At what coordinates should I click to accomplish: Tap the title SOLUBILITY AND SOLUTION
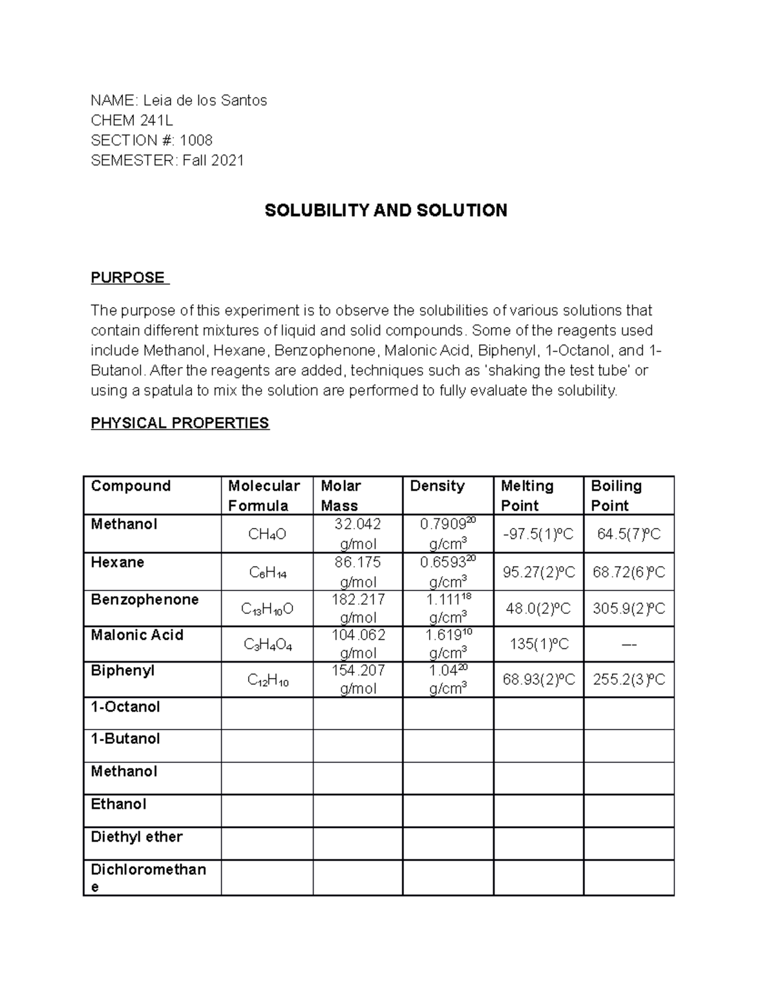(386, 211)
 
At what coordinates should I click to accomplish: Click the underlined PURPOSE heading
(128, 278)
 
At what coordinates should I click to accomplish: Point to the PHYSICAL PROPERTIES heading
(180, 423)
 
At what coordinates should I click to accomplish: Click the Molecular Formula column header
(264, 495)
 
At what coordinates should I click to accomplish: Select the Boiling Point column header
(616, 495)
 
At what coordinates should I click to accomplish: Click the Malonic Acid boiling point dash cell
(629, 644)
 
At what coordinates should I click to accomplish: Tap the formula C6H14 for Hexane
(267, 572)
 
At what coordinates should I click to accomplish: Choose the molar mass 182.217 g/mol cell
(358, 608)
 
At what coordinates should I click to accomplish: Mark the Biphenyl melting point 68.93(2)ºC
(539, 679)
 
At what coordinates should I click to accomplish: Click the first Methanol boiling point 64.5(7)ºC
(629, 534)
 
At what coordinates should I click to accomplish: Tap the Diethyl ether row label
(137, 836)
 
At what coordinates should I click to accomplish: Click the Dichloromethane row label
(148, 877)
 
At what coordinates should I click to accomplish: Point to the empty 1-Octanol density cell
(448, 713)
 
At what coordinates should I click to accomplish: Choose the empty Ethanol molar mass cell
(358, 811)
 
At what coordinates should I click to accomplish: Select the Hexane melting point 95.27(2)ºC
(539, 572)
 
